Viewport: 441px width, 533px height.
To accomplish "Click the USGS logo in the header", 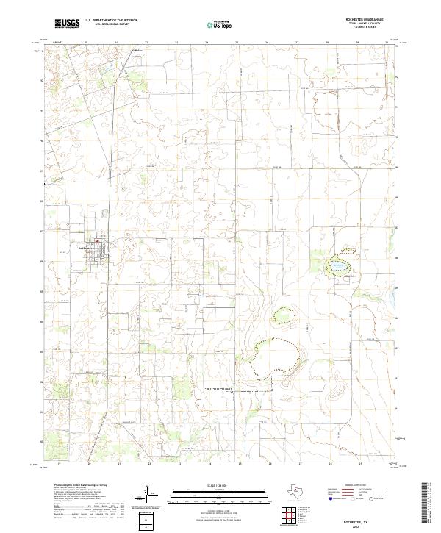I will tap(67, 24).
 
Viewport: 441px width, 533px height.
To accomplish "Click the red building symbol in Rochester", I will tap(96, 240).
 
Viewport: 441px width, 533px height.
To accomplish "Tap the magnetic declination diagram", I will tap(148, 494).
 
